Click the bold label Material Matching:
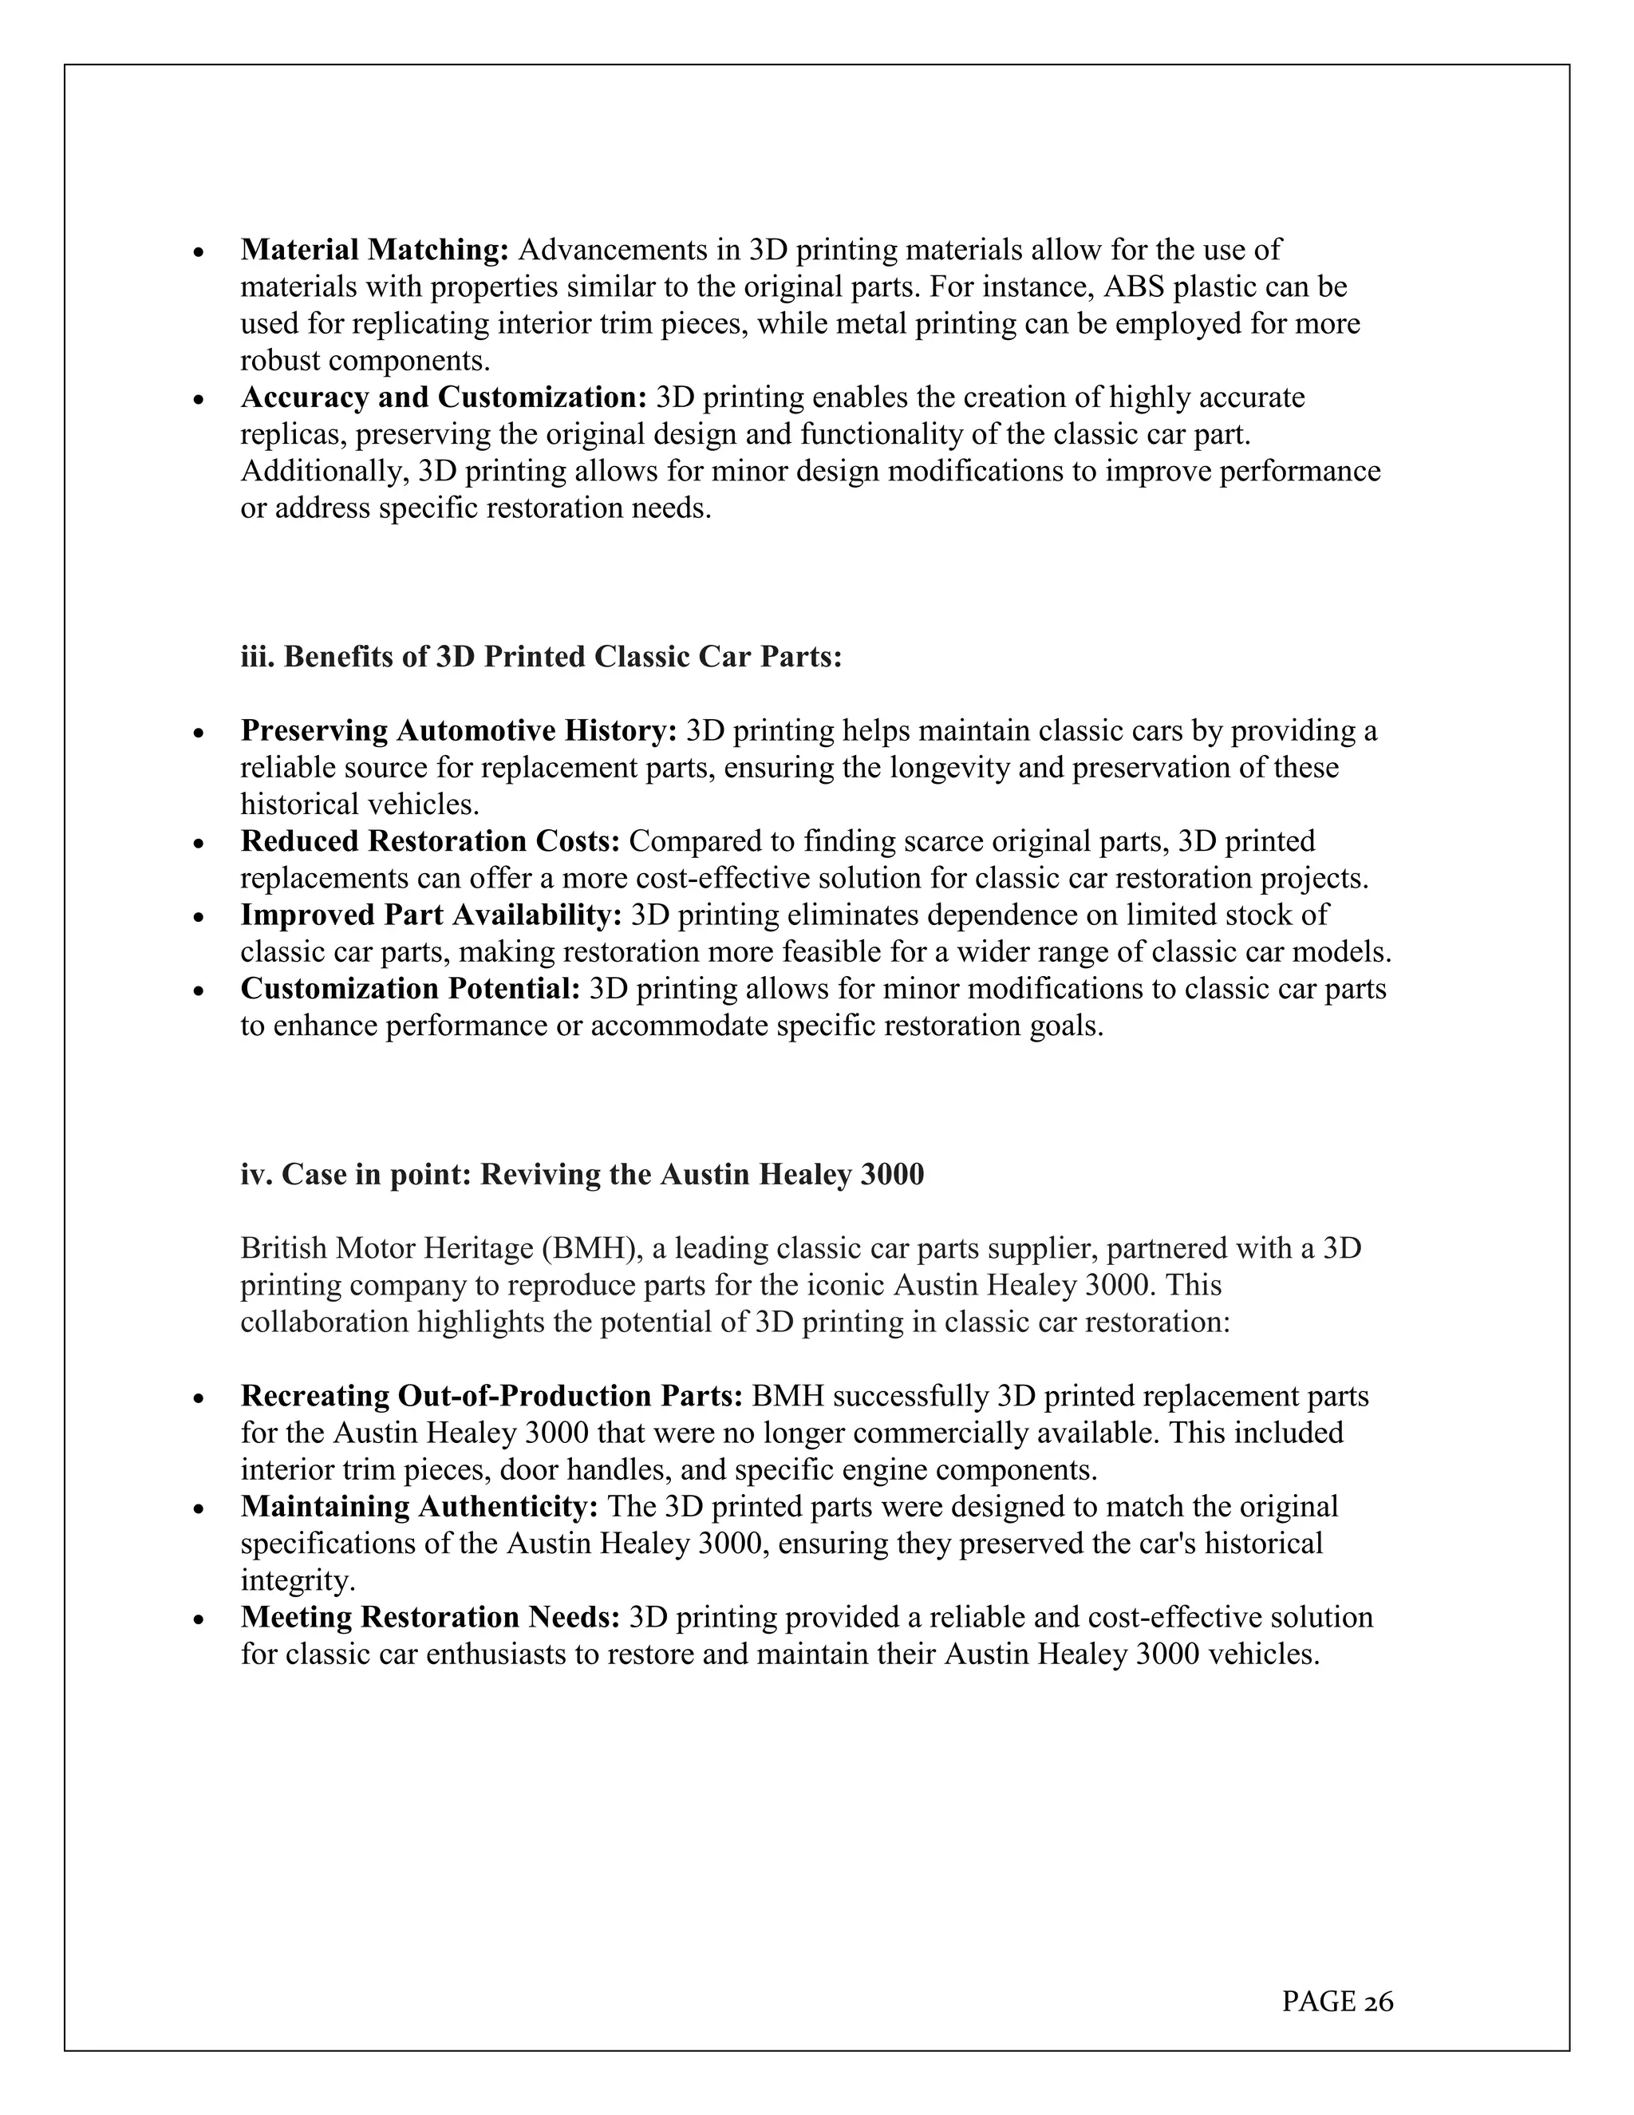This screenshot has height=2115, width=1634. click(x=375, y=250)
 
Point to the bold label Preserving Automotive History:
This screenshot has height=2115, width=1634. click(x=459, y=730)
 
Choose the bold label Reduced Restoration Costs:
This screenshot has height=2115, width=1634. click(x=430, y=840)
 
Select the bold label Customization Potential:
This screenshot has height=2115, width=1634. click(x=410, y=989)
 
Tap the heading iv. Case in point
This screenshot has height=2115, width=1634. click(x=582, y=1174)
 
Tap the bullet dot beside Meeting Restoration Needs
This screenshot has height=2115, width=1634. click(x=199, y=1619)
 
